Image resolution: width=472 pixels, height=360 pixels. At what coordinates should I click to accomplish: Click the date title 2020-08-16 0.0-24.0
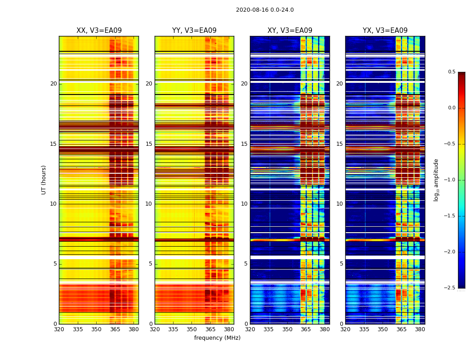265,10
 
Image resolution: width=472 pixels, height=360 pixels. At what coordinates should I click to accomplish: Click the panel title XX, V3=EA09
99,31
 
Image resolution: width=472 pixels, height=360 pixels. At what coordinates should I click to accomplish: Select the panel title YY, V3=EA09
194,31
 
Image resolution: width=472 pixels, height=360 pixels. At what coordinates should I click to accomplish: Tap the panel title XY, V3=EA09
290,31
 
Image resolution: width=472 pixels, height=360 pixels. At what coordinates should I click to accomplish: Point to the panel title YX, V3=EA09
385,31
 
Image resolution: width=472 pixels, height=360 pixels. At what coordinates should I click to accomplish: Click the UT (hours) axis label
44,180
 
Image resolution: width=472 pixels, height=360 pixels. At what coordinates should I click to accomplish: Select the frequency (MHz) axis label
217,338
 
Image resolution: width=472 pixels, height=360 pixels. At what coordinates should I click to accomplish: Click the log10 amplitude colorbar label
436,180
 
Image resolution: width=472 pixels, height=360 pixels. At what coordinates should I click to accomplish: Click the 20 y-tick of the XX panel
53,84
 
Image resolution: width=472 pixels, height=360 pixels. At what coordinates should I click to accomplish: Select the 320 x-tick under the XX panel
59,329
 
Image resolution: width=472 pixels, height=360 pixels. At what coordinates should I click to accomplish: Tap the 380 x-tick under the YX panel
420,329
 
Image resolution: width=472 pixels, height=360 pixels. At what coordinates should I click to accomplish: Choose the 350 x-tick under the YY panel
192,329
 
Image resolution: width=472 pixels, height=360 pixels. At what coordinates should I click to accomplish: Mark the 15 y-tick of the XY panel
244,144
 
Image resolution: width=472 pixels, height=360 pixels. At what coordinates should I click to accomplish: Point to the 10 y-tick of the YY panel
149,204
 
